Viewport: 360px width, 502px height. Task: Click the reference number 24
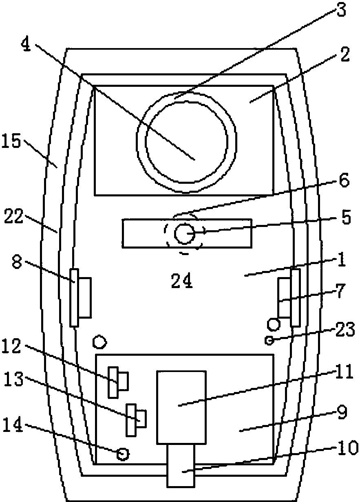tap(181, 281)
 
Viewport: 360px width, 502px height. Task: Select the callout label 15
tap(11, 141)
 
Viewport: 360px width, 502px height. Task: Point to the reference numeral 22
tap(14, 216)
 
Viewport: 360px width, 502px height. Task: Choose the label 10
tap(347, 448)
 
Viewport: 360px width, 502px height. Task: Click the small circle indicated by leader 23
tap(269, 340)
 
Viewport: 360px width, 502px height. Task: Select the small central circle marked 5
tap(184, 233)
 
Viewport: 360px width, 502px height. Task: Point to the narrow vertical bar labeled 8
tap(74, 297)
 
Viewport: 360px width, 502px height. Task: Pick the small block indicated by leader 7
tap(285, 297)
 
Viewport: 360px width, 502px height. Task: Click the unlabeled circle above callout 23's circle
tap(274, 324)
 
